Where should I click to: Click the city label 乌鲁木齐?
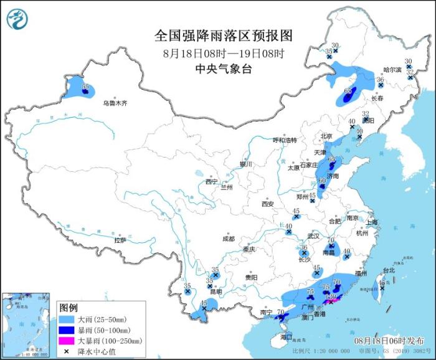click(x=115, y=103)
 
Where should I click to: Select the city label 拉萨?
click(x=120, y=240)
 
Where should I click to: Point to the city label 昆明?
click(x=214, y=291)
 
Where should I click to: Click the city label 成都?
click(x=228, y=239)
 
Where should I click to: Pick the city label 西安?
click(x=268, y=204)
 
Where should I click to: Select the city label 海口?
click(x=286, y=336)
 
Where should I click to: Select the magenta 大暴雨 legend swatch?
click(x=67, y=341)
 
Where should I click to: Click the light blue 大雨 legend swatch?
click(x=67, y=320)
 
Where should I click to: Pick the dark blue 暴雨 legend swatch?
click(x=67, y=331)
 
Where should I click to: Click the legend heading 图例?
click(x=68, y=308)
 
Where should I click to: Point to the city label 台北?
click(x=389, y=270)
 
